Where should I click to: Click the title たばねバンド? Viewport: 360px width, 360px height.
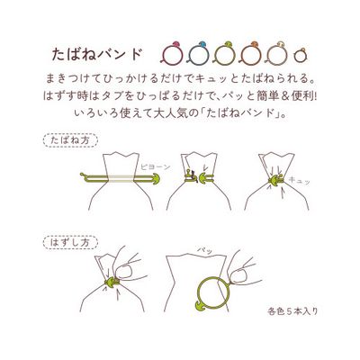point(96,54)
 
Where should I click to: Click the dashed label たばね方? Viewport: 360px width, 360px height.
point(70,140)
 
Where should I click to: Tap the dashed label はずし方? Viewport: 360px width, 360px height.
point(70,242)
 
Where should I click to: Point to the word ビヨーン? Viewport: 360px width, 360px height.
point(155,167)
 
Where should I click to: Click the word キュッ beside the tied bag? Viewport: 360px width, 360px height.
point(299,181)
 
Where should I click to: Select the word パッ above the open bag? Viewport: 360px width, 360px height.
point(204,249)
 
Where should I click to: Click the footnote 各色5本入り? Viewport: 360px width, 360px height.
point(292,311)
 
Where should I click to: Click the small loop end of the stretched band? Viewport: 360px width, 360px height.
point(84,175)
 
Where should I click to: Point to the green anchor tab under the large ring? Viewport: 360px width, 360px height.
point(201,306)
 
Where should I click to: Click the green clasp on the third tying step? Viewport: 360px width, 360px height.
point(274,181)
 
